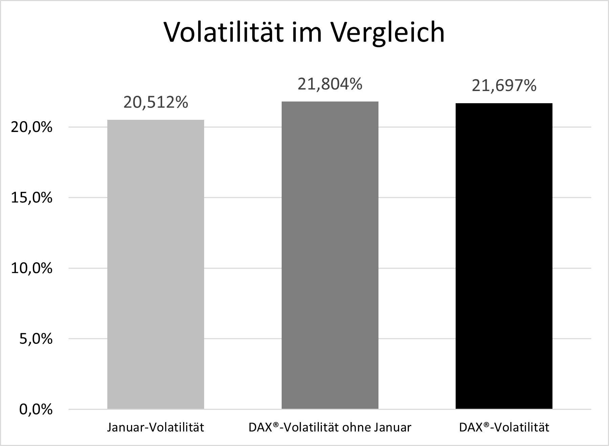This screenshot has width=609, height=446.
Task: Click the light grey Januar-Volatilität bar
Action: coord(155,264)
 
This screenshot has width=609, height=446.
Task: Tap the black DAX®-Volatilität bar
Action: coord(504,256)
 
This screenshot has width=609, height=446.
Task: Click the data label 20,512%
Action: coord(155,102)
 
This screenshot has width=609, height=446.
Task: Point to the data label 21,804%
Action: coord(330,84)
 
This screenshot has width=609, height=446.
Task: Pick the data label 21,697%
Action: coord(504,86)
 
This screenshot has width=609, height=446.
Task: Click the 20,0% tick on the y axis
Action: coord(32,128)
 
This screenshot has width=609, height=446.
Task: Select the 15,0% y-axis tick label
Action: coord(32,198)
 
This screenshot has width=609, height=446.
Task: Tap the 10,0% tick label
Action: coord(32,269)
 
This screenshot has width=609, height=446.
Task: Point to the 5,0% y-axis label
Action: coord(36,339)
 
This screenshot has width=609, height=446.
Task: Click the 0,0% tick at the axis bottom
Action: coord(36,409)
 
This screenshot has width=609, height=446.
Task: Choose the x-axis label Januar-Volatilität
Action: coord(155,427)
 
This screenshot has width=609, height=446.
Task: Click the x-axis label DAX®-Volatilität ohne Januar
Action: coord(330,427)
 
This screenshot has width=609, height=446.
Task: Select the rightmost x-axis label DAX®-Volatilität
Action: coord(504,427)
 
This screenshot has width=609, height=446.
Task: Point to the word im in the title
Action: coord(305,32)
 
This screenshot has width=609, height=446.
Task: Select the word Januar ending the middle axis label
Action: coord(392,427)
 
